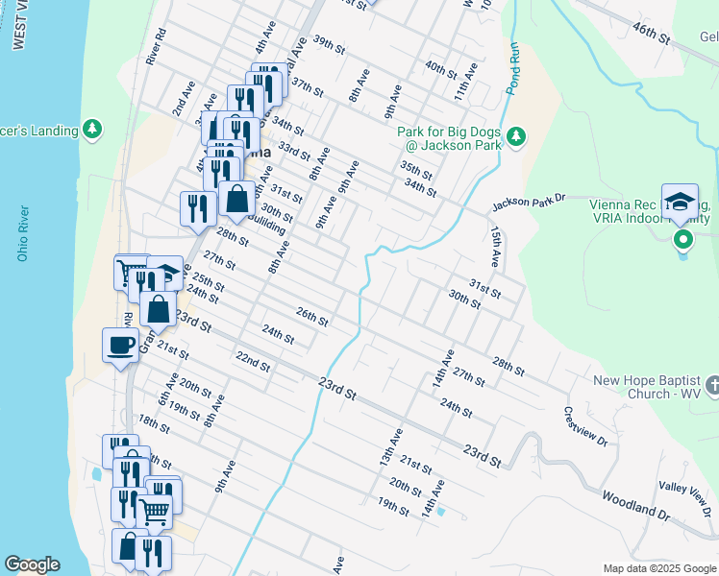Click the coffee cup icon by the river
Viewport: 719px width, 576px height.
click(120, 345)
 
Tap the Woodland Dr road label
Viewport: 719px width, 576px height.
click(636, 505)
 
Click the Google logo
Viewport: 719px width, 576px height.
click(32, 564)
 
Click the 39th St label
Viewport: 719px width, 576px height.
click(328, 44)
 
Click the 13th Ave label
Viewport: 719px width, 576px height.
click(390, 446)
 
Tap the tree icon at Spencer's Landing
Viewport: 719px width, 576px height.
click(92, 129)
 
